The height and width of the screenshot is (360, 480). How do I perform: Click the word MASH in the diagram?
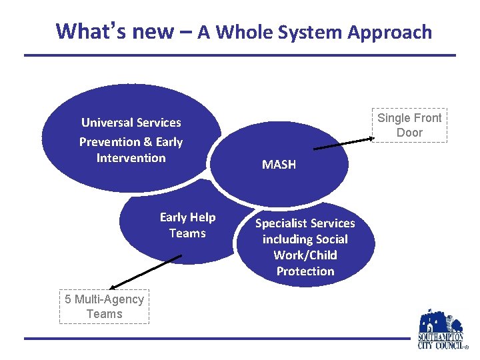[x=279, y=164]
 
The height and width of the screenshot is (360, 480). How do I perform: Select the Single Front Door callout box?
[x=409, y=125]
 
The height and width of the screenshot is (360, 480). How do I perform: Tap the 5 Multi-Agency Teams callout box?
[x=104, y=307]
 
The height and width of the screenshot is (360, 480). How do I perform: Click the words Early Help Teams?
[x=187, y=225]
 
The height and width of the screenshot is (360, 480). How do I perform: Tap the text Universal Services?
[x=131, y=123]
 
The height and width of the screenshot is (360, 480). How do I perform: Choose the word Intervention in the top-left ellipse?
[x=131, y=158]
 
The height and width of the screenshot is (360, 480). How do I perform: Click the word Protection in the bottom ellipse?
[x=305, y=271]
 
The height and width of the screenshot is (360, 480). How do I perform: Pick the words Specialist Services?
[x=305, y=223]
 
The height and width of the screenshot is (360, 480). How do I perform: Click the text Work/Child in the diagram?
[x=305, y=255]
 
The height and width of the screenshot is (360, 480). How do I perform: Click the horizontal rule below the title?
[x=240, y=55]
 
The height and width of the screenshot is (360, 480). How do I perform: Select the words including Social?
[x=305, y=239]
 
